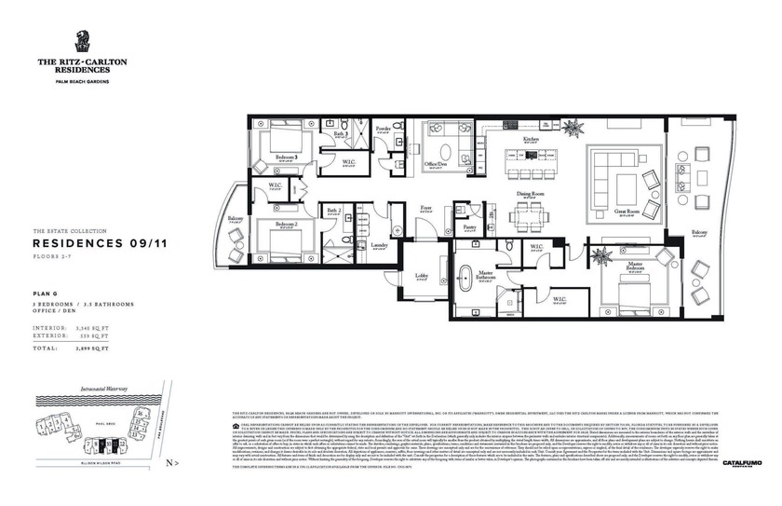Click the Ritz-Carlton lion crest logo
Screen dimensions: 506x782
[82, 42]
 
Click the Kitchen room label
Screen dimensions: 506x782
[531, 138]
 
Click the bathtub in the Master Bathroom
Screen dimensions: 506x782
[472, 279]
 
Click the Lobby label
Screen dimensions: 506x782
[421, 277]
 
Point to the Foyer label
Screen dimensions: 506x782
[425, 208]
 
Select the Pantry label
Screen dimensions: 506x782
[469, 226]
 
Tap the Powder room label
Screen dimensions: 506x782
[383, 128]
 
